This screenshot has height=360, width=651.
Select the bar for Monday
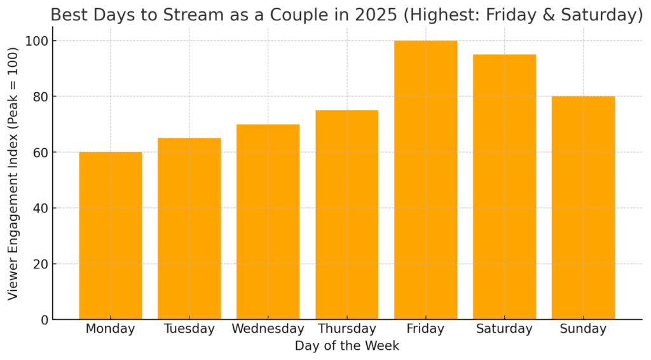pyautogui.click(x=111, y=235)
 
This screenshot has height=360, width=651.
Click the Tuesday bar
pyautogui.click(x=189, y=229)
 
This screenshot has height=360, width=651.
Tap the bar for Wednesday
pyautogui.click(x=268, y=222)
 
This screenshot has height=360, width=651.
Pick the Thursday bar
pyautogui.click(x=346, y=215)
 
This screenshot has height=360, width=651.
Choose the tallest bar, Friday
pyautogui.click(x=425, y=180)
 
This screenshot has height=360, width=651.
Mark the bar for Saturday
pyautogui.click(x=504, y=187)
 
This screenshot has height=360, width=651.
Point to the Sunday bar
pyautogui.click(x=583, y=207)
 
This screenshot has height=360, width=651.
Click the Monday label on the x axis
pyautogui.click(x=111, y=329)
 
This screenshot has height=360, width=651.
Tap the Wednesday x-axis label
pyautogui.click(x=268, y=329)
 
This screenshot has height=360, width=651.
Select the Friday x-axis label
pyautogui.click(x=425, y=329)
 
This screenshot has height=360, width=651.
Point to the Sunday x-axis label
pyautogui.click(x=583, y=329)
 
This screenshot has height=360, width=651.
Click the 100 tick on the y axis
pyautogui.click(x=36, y=41)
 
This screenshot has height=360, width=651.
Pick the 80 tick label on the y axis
pyautogui.click(x=41, y=97)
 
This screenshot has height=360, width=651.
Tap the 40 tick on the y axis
pyautogui.click(x=41, y=208)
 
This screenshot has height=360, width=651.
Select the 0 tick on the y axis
pyautogui.click(x=45, y=320)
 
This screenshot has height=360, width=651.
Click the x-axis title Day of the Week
pyautogui.click(x=347, y=346)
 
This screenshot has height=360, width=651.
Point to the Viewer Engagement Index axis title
pyautogui.click(x=13, y=174)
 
